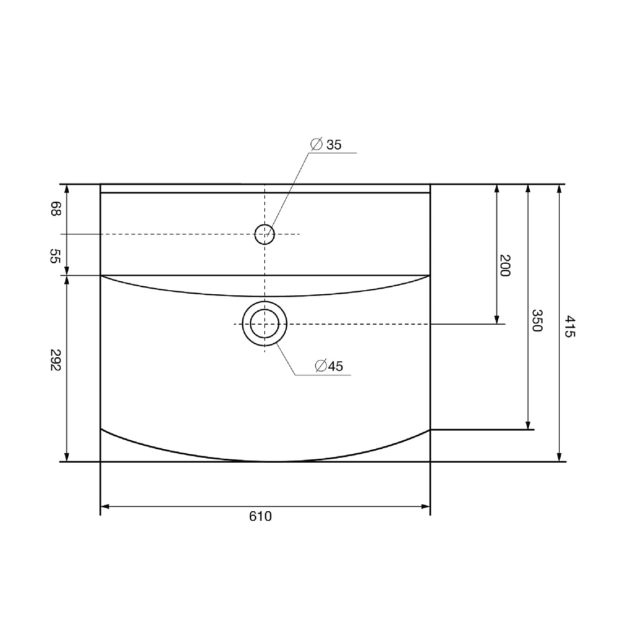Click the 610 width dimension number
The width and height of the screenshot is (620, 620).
260,516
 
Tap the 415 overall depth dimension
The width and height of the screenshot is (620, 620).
569,326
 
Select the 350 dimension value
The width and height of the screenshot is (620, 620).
537,320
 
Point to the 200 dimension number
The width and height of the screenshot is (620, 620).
505,265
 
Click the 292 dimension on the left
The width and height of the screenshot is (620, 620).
55,360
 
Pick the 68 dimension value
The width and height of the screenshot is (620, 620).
55,209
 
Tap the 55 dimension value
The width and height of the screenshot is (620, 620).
55,256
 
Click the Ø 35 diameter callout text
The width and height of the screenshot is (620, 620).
326,145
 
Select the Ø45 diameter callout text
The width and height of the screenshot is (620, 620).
329,366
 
